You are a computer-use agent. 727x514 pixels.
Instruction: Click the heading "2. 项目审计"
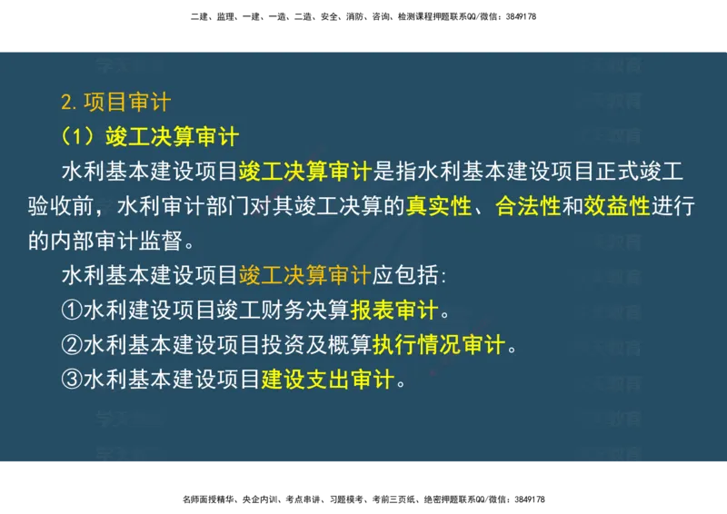115,101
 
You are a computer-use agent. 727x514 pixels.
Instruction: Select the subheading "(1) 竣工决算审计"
149,136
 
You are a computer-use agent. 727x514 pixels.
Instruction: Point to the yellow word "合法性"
528,206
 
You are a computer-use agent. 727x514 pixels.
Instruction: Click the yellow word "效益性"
617,206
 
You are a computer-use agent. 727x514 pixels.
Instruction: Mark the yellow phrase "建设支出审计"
328,380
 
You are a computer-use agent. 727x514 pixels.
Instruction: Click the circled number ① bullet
72,311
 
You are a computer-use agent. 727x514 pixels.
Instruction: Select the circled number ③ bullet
72,380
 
